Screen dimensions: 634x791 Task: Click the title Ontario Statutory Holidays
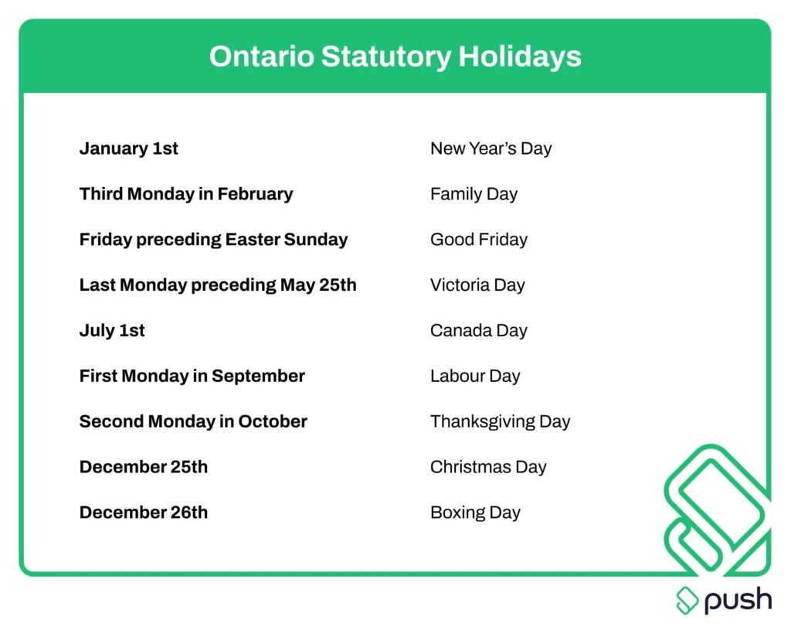(x=395, y=56)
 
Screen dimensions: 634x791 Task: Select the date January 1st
(x=128, y=148)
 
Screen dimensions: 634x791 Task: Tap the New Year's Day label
(x=491, y=148)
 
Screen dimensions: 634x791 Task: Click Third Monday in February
(x=185, y=194)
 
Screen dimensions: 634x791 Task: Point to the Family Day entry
(x=474, y=194)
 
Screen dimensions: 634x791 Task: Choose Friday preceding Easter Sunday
(x=213, y=240)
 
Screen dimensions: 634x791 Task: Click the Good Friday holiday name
(x=478, y=240)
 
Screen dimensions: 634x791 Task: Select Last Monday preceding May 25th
(x=218, y=285)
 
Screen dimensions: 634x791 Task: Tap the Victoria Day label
(x=477, y=285)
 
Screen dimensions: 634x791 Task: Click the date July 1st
(x=112, y=331)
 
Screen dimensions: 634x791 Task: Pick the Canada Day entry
(x=478, y=331)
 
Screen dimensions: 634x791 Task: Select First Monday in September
(x=192, y=377)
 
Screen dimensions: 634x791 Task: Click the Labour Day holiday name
(x=475, y=377)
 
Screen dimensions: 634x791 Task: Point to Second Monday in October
(x=193, y=422)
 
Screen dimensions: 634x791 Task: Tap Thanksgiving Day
(x=500, y=422)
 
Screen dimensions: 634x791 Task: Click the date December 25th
(x=143, y=468)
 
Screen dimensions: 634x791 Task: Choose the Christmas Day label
(x=488, y=468)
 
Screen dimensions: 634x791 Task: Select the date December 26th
(x=143, y=513)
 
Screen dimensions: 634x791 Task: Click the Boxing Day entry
(x=475, y=513)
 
